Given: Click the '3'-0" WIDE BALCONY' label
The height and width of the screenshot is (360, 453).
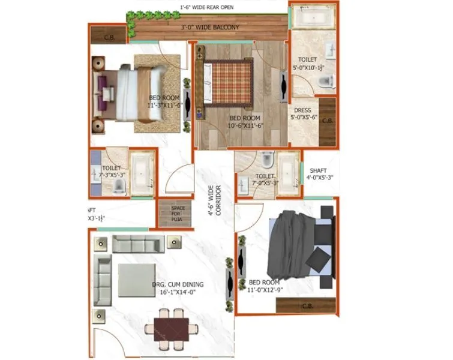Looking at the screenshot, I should (210, 28).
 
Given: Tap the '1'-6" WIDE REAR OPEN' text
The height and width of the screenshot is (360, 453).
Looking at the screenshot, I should (208, 7).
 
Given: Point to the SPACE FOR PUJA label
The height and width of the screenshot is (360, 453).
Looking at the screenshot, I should (178, 214).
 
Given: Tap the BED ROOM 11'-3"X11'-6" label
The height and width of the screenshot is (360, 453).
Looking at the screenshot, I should (164, 101).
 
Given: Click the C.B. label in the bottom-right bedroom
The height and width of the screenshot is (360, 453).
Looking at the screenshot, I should (307, 306).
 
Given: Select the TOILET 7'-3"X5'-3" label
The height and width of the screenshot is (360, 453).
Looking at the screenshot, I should (113, 172).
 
